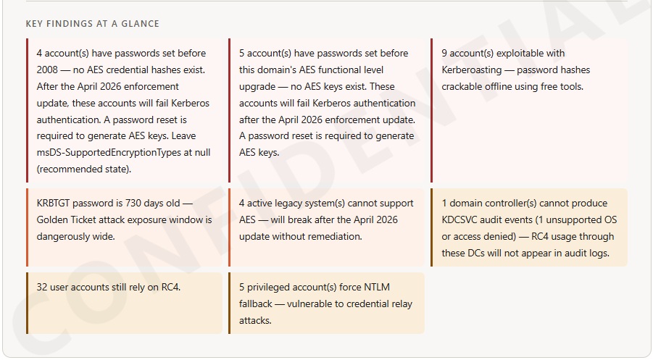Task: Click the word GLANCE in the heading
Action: click(141, 24)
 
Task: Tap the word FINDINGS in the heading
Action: click(70, 24)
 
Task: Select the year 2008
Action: click(49, 70)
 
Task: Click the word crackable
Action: click(462, 87)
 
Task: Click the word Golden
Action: click(53, 220)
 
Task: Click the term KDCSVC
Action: click(462, 220)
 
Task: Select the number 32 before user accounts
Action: click(43, 288)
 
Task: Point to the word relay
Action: click(399, 304)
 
